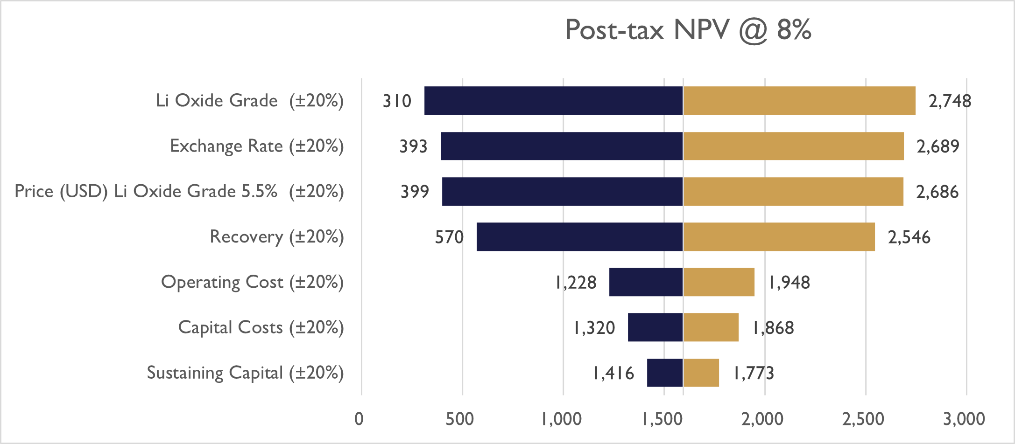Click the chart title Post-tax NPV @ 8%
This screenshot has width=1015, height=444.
(688, 30)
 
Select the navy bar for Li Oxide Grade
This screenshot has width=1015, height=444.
(553, 100)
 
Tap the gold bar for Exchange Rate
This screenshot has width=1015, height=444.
(793, 146)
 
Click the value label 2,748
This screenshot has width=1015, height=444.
(949, 101)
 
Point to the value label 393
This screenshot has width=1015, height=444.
(413, 146)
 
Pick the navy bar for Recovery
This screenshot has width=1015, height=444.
(579, 236)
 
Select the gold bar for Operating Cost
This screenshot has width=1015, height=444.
(719, 282)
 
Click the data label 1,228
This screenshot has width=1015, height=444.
(576, 283)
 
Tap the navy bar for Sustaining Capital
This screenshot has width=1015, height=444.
(665, 373)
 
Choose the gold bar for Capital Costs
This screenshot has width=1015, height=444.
(711, 327)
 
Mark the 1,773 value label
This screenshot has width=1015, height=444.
(754, 373)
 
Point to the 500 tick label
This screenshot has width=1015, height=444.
(459, 419)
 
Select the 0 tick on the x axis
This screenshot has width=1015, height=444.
(359, 419)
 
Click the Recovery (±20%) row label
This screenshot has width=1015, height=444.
(276, 237)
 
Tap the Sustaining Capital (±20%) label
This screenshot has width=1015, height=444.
(245, 373)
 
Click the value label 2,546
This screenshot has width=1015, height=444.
(909, 237)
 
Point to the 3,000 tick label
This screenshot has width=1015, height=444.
(964, 419)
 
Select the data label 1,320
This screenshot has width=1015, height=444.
(594, 328)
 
